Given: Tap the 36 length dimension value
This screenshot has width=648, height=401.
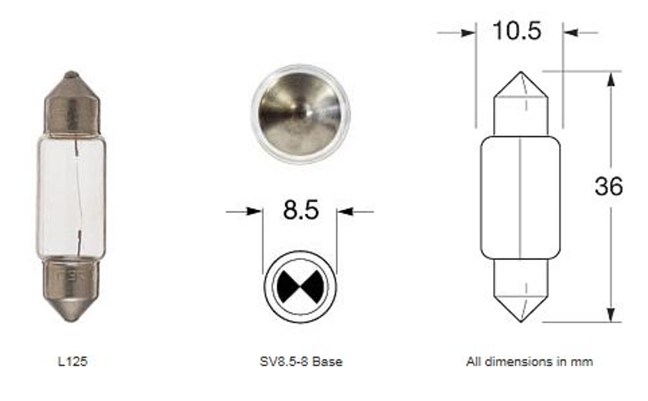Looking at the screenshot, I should (608, 186).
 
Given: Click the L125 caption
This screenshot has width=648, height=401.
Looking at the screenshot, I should (73, 362).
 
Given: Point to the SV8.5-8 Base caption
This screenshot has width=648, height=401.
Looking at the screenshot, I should (301, 362).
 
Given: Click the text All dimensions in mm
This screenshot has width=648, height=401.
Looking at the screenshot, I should (529, 362).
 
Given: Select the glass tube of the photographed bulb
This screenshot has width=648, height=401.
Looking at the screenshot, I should (72, 194).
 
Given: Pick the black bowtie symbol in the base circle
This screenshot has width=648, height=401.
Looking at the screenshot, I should (300, 284).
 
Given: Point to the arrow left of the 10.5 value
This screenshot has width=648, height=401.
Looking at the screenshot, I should (467, 32).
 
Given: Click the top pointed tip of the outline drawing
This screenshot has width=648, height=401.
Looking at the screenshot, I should (520, 75).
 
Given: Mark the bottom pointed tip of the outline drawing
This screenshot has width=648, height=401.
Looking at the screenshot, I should (520, 318).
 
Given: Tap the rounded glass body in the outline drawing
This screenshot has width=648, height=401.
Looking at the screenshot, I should (520, 197).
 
